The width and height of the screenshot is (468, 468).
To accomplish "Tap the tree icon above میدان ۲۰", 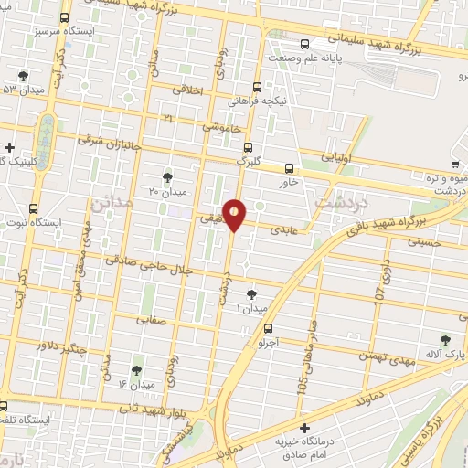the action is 167,176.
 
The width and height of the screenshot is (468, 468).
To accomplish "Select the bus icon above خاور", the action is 290,168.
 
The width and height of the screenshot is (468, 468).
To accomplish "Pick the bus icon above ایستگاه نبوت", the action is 34,207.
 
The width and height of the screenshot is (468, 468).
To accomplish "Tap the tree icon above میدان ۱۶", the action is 136,369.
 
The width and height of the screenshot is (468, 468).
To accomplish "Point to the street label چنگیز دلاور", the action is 64,346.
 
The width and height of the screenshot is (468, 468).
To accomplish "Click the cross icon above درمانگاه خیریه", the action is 304,426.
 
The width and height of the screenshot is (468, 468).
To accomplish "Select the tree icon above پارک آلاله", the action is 445,339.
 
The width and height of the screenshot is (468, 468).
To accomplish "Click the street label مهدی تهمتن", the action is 388,355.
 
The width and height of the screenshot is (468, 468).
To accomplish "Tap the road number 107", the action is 381,293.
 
